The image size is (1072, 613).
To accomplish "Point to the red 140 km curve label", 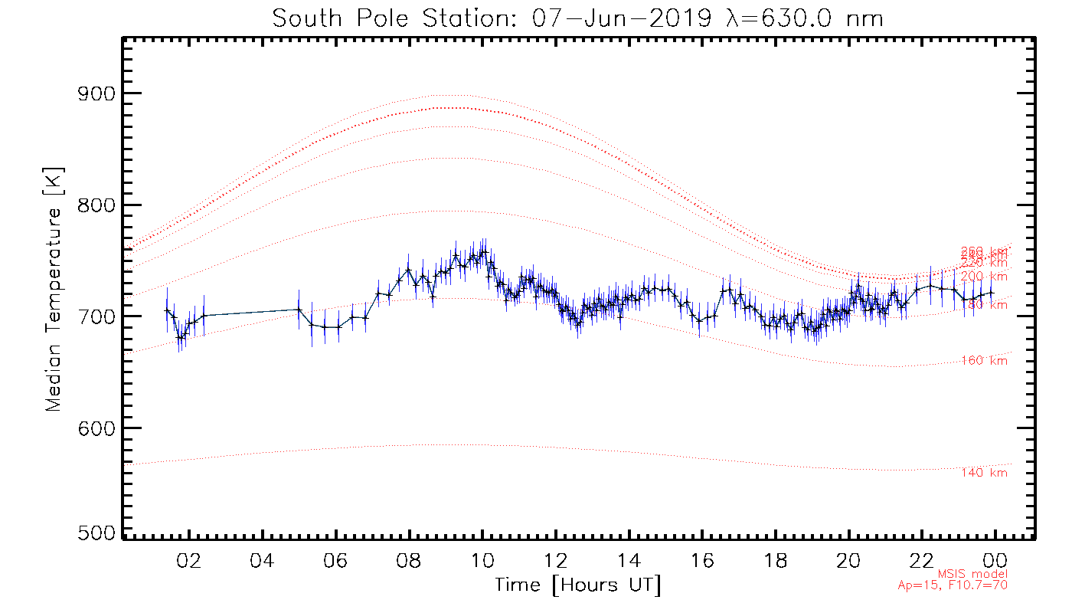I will click(x=985, y=473).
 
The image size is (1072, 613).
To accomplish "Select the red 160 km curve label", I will click(x=985, y=361).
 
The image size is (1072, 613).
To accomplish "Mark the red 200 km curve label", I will click(x=985, y=276).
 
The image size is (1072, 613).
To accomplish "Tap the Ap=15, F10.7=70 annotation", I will click(x=953, y=585).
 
